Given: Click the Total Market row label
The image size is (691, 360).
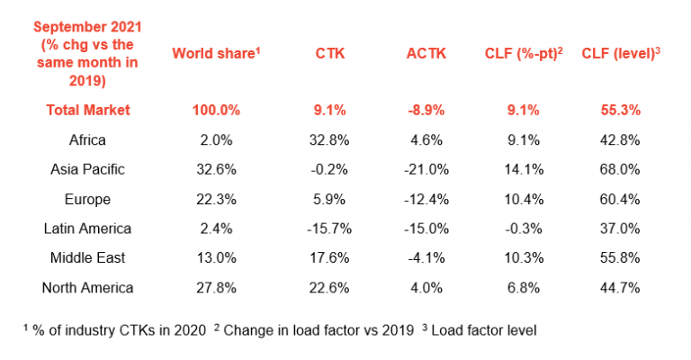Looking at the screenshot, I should click(89, 110).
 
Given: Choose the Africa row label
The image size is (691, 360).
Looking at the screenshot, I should click(89, 139).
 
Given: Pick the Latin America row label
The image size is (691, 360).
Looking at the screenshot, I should click(89, 229).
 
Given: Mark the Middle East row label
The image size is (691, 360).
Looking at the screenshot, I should click(89, 258).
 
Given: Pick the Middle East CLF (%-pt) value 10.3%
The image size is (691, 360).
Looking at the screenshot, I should click(524, 258).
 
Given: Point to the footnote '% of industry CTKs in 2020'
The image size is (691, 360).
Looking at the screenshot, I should click(117, 331).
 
